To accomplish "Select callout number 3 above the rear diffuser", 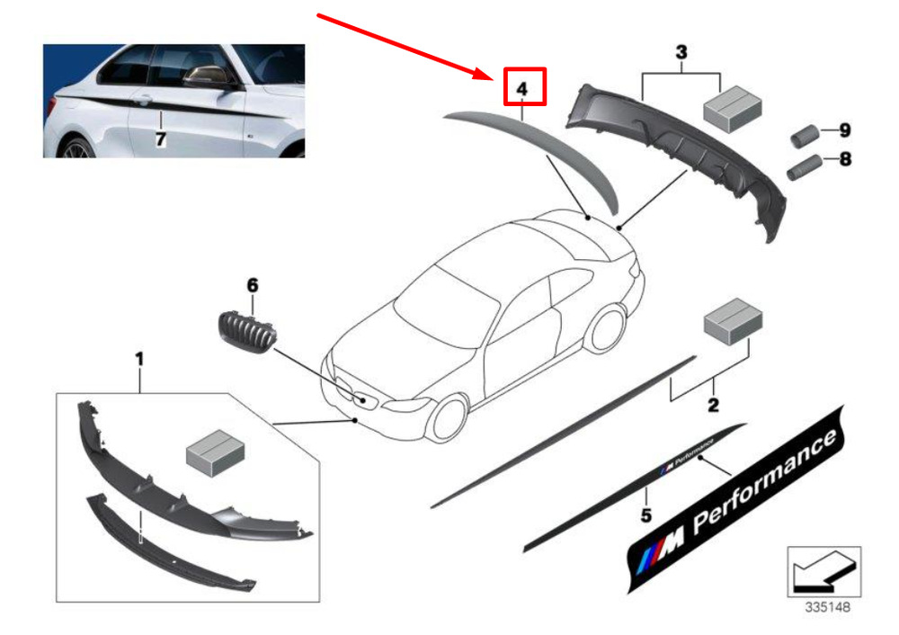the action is [x=681, y=53].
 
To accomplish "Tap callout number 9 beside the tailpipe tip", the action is [x=844, y=131].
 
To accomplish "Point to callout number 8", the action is [x=844, y=161].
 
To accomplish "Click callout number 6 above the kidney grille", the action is [x=253, y=285].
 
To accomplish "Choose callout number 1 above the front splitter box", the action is [x=139, y=359].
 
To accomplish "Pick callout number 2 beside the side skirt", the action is [x=713, y=406].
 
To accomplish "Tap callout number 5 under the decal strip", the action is [x=645, y=515].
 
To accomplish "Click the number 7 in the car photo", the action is [x=161, y=139].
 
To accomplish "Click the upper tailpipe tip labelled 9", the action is [x=804, y=136].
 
